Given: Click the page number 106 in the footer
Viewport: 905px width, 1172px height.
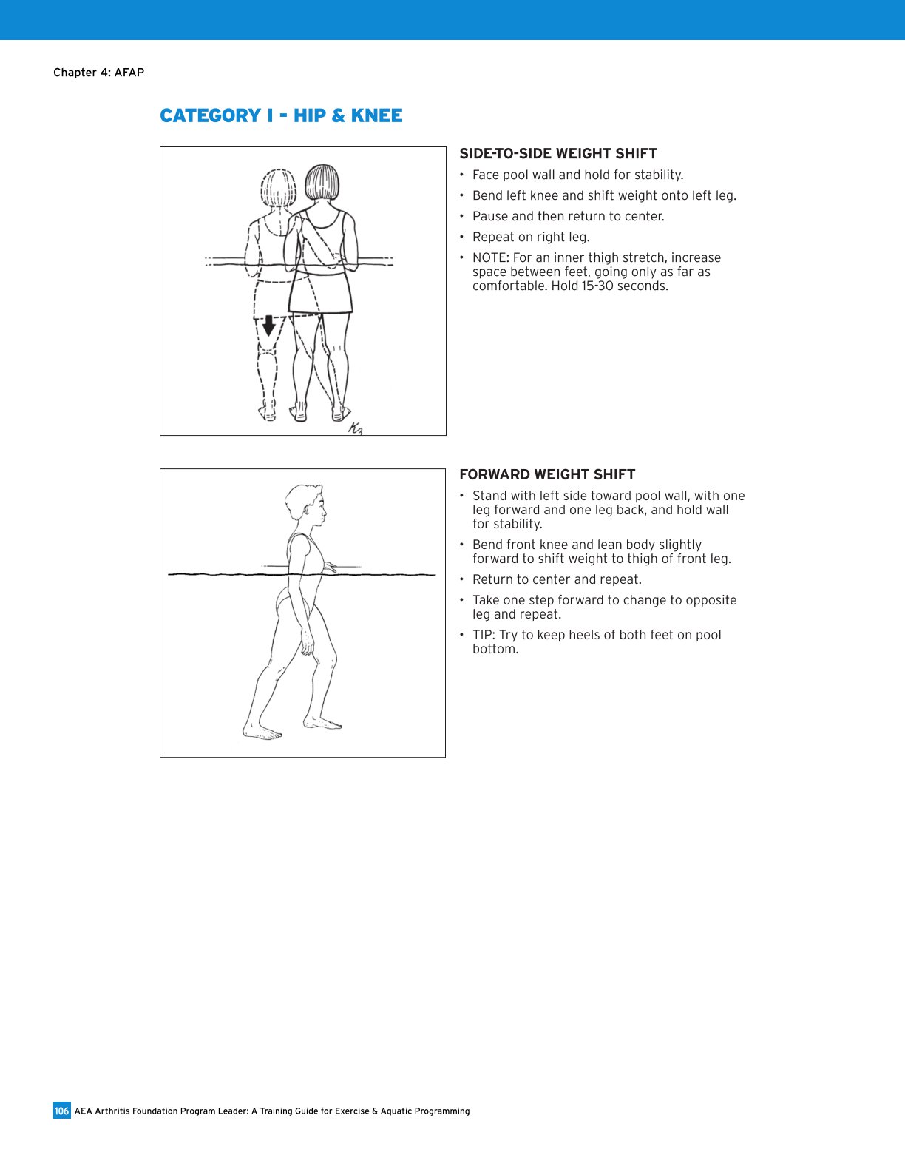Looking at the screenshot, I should [x=62, y=1111].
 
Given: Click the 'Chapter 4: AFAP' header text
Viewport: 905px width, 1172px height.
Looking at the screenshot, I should [x=98, y=73].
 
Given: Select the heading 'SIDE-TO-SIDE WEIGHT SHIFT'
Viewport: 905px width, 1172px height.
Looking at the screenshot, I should [x=558, y=154].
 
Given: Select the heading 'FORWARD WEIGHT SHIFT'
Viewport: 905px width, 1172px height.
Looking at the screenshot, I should [x=547, y=475].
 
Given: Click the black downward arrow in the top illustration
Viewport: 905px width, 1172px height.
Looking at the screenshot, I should [x=269, y=325].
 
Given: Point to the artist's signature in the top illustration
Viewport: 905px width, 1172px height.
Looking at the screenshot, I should [x=356, y=428].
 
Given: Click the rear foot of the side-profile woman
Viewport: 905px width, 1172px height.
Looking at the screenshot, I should [x=262, y=732].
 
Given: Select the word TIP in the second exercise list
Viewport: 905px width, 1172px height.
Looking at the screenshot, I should [x=482, y=636].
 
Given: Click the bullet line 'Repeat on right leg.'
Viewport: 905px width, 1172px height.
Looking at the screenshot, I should [x=531, y=238].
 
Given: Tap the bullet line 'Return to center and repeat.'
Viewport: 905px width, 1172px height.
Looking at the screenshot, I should [x=557, y=580].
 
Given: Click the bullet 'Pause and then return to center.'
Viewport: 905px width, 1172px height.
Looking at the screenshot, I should [x=568, y=217].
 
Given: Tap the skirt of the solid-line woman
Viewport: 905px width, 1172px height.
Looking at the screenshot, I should [x=319, y=293].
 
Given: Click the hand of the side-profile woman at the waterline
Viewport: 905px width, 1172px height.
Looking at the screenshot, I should [x=330, y=568].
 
